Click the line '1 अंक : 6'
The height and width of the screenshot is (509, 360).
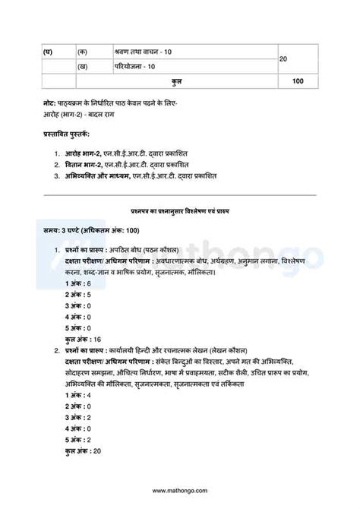point(78,283)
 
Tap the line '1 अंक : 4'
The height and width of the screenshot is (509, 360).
point(78,396)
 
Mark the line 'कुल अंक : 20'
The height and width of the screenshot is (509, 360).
point(86,451)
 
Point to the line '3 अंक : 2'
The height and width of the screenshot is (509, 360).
point(78,418)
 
